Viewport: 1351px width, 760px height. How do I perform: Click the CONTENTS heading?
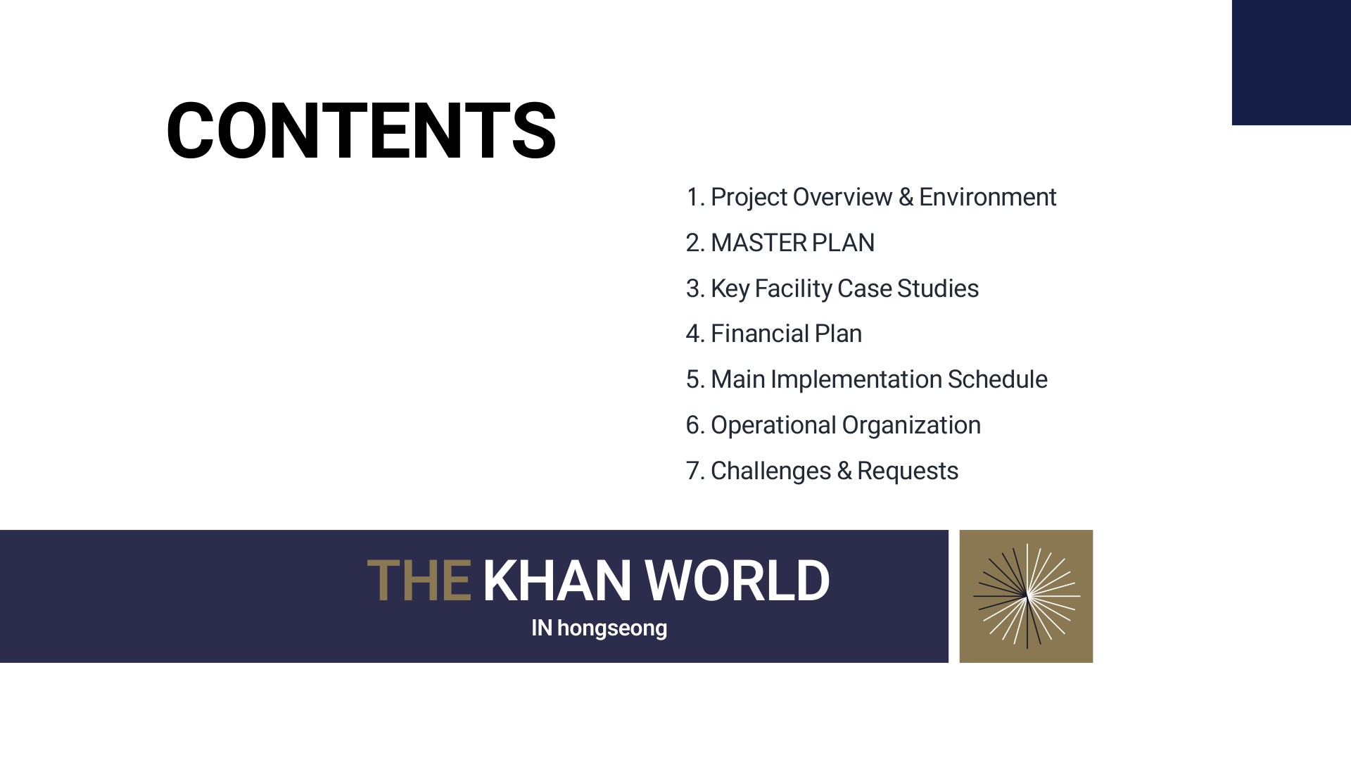pos(361,131)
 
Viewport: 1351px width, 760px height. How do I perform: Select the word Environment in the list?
pos(987,197)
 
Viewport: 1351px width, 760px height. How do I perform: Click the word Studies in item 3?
pos(937,289)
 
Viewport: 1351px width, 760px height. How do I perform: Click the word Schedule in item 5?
pos(997,379)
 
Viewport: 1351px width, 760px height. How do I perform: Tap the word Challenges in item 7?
pos(770,471)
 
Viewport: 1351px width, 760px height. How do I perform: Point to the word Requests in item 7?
pos(907,471)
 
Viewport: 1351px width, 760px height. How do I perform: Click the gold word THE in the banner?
pos(419,581)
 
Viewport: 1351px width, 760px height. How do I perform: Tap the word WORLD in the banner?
pos(737,581)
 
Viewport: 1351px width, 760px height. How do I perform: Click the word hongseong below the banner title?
pos(611,628)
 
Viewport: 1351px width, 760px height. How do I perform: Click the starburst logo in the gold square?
pos(1026,596)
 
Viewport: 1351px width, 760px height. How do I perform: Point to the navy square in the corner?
pos(1291,62)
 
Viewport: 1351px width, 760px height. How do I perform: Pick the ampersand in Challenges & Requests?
pos(844,471)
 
